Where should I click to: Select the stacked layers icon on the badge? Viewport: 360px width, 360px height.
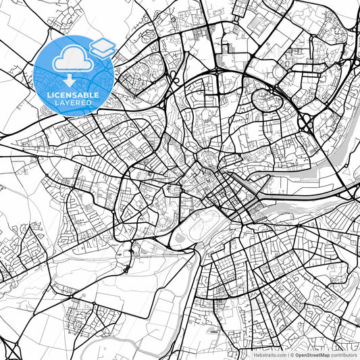[x=103, y=47]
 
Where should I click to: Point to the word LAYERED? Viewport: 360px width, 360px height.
[x=74, y=103]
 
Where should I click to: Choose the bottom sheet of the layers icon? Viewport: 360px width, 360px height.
[x=103, y=51]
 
